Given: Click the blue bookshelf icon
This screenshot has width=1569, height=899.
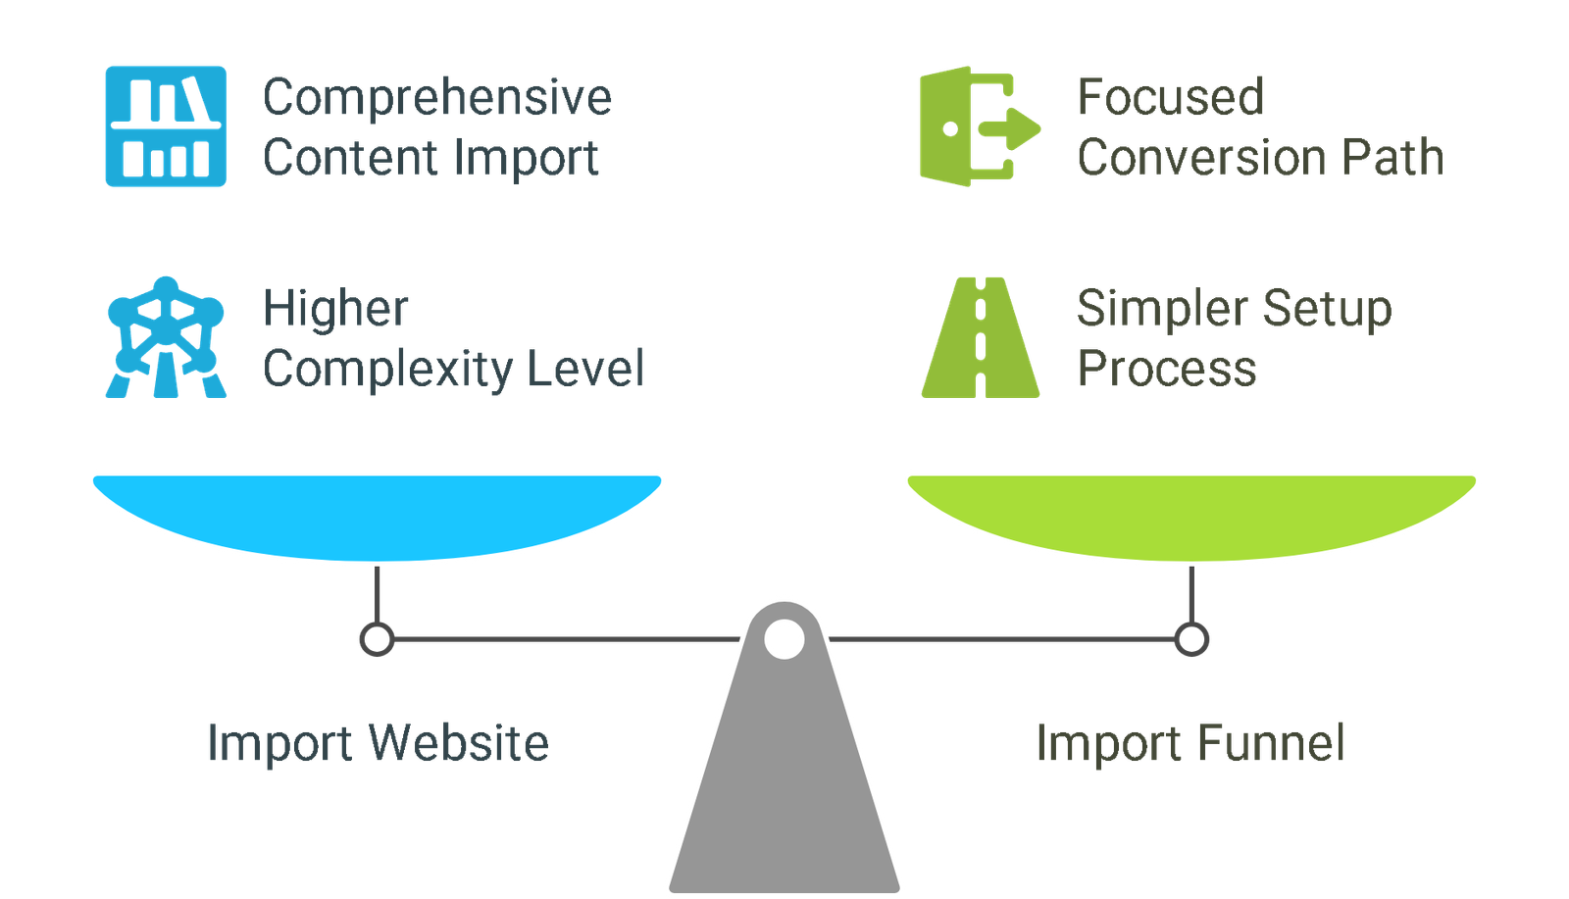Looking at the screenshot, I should pos(166,126).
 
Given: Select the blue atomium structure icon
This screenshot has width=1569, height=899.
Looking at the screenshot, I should pos(166,337).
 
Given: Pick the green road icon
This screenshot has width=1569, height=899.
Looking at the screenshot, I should pos(980,337).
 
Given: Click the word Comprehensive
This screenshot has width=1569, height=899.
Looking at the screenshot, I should pos(437,98).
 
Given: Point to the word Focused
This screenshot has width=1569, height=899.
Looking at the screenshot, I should pos(1170,98).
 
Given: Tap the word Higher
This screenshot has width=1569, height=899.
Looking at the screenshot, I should pos(335,310).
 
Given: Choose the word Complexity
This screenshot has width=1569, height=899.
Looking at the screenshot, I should pos(387,370).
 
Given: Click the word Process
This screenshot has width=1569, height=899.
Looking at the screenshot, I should pos(1166,370).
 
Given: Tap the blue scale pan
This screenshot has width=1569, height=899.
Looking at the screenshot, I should pos(378,515).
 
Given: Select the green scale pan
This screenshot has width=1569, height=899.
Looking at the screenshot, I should pos(1191,515).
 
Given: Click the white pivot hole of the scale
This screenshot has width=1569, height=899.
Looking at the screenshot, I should pos(784,639).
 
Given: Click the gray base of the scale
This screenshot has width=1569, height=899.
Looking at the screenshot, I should pos(784,784).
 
